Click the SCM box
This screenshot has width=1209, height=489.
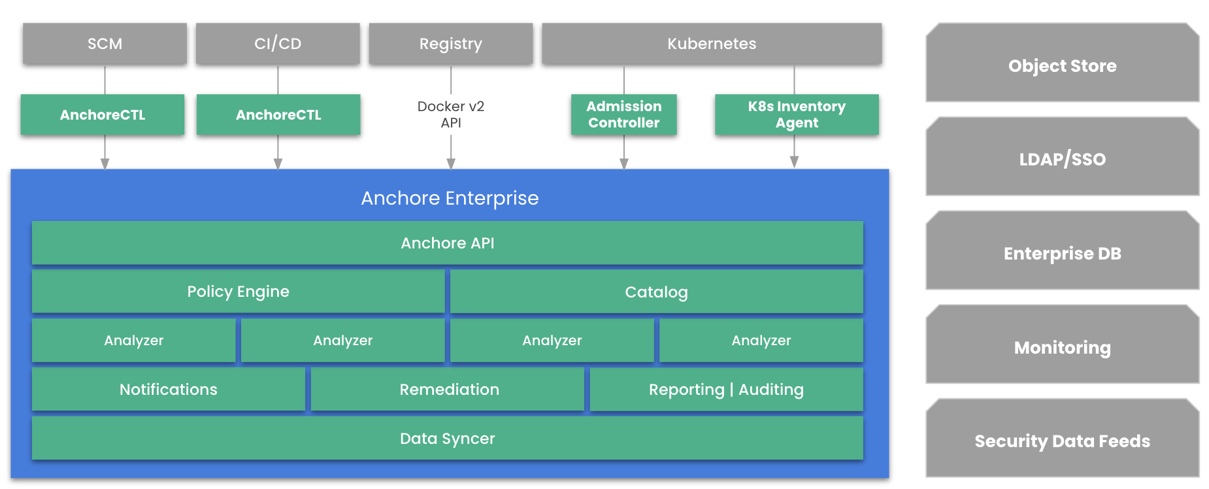(x=105, y=44)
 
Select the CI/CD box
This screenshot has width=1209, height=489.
(x=278, y=44)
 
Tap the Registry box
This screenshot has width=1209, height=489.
(x=451, y=44)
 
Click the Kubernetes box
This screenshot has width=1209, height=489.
(x=712, y=44)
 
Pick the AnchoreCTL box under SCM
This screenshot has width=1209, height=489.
(x=103, y=115)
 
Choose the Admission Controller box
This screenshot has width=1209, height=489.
(x=623, y=114)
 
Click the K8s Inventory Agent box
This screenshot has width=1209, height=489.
(x=797, y=114)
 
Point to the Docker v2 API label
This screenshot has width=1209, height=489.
(x=451, y=114)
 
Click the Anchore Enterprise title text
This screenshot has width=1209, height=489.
(x=450, y=198)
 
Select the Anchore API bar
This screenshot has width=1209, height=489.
(x=448, y=243)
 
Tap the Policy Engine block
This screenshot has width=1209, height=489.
(x=238, y=292)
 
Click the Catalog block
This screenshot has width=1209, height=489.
(x=656, y=292)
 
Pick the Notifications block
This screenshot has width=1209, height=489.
(x=169, y=390)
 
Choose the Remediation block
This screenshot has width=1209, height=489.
(x=449, y=390)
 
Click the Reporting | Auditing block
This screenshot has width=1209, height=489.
(x=726, y=390)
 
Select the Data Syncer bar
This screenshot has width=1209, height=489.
(x=448, y=439)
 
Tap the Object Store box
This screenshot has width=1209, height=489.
(x=1062, y=65)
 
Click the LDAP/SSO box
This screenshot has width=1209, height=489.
(x=1062, y=159)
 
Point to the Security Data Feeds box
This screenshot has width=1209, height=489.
(x=1062, y=441)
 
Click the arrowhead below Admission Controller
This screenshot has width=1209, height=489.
(x=624, y=163)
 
